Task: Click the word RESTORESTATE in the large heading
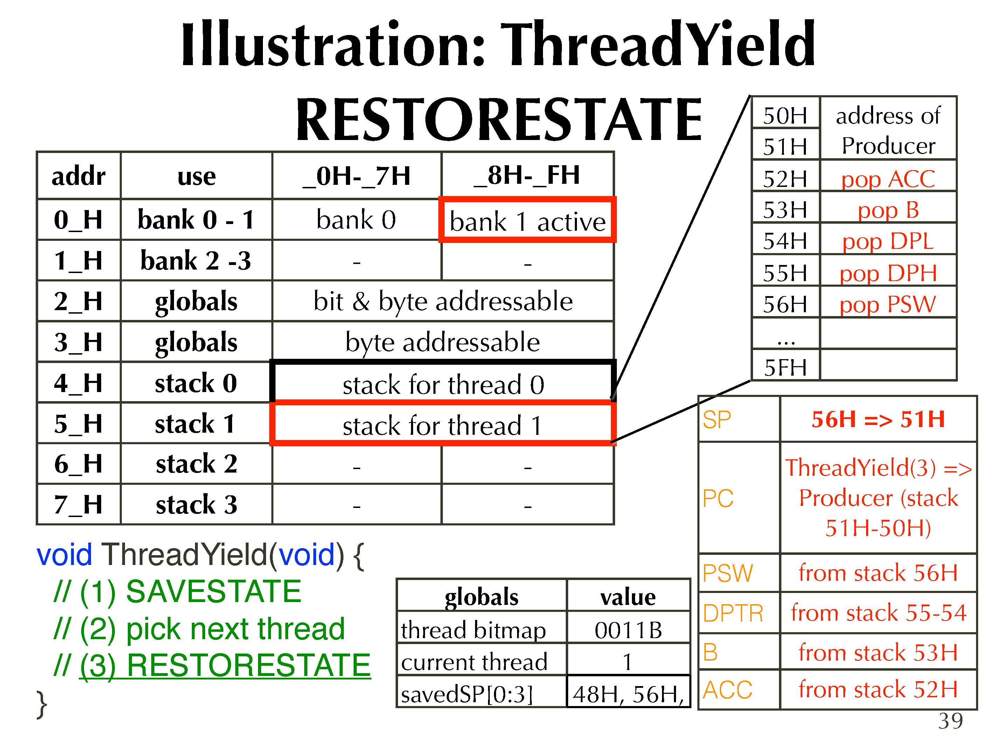[x=499, y=120]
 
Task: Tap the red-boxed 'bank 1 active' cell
[x=527, y=220]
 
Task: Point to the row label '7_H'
[x=78, y=504]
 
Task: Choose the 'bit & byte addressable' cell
[x=443, y=301]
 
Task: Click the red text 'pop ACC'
[x=888, y=179]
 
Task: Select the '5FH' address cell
[x=786, y=367]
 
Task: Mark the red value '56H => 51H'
[x=878, y=419]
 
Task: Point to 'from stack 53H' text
[x=878, y=652]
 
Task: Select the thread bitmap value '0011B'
[x=628, y=629]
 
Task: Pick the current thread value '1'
[x=627, y=662]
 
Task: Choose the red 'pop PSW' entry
[x=888, y=305]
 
